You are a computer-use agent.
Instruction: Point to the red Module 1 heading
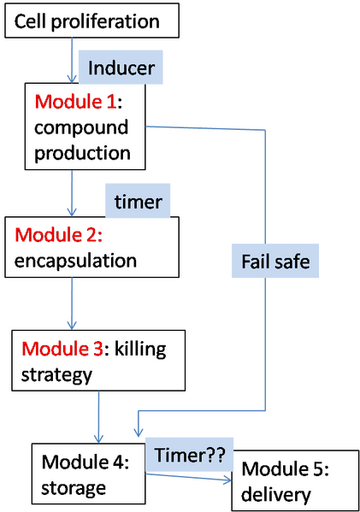(75, 103)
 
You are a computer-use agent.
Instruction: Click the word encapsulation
(75, 261)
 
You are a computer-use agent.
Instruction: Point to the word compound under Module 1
(82, 129)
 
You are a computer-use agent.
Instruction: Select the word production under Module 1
(82, 155)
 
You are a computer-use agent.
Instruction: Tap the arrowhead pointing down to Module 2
(72, 210)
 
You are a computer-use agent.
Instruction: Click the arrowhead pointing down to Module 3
(72, 324)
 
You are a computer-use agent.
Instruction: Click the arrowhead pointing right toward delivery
(227, 482)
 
